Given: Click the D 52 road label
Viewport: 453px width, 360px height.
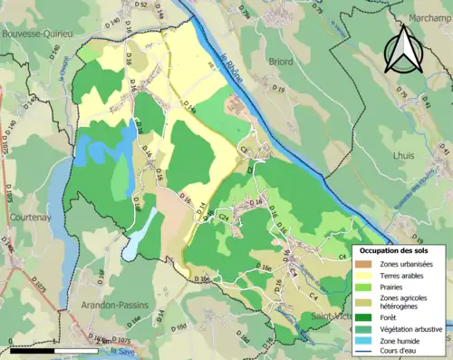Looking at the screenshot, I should coord(140,5).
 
